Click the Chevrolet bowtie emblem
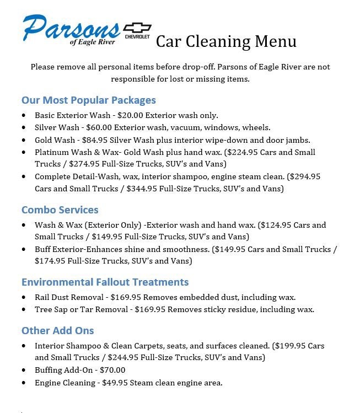[137, 29]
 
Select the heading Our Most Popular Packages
[88, 100]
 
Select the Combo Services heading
[60, 210]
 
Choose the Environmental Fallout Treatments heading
[105, 282]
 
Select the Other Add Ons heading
[57, 330]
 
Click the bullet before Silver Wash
[24, 128]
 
